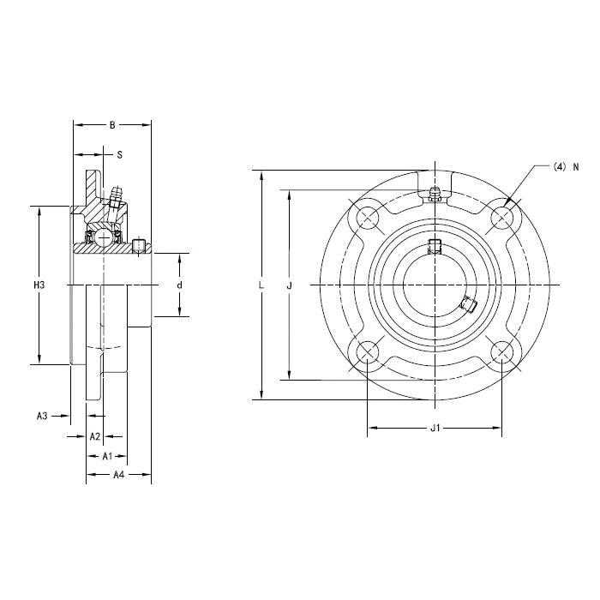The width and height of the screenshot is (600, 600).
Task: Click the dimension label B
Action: [x=112, y=125]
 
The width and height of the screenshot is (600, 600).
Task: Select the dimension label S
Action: [x=119, y=155]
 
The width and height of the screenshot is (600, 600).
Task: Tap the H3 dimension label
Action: [x=39, y=285]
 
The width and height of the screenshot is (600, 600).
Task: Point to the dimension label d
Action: [x=179, y=285]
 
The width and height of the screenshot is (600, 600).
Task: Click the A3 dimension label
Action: [x=42, y=416]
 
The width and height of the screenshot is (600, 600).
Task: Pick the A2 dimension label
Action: [x=94, y=436]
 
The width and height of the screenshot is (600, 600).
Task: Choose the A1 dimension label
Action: [x=107, y=456]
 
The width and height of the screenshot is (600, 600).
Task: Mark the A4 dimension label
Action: [x=119, y=475]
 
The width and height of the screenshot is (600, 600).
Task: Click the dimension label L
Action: [x=261, y=285]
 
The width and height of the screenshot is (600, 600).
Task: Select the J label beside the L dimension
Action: [x=290, y=285]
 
